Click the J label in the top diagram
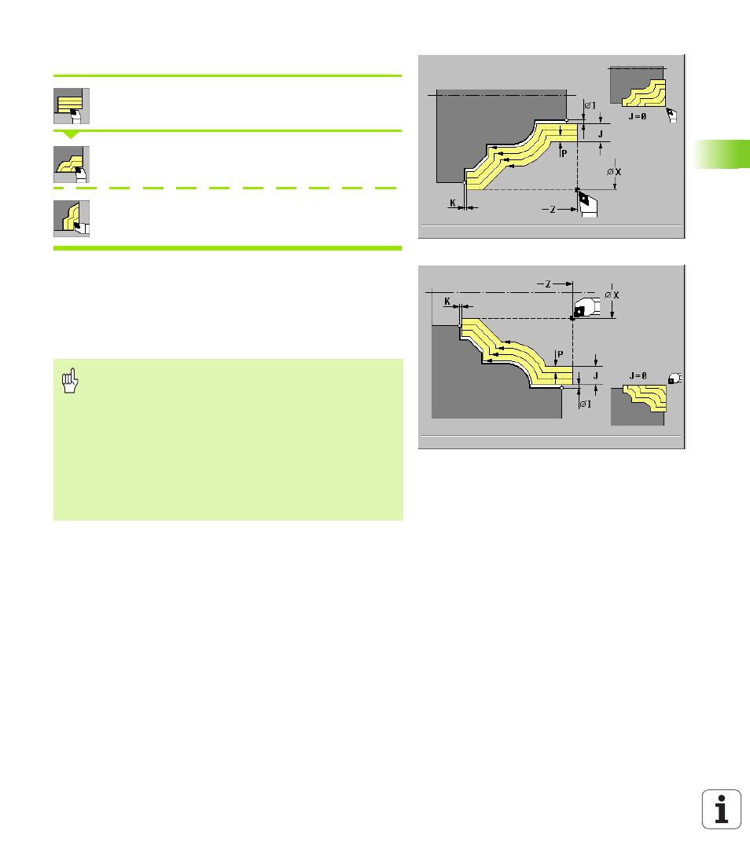coord(601,134)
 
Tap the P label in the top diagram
coord(564,154)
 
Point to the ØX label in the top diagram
coord(614,172)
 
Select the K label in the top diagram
coord(453,203)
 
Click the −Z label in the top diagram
coord(549,210)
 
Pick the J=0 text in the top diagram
coord(638,116)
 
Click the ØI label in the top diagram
coord(590,105)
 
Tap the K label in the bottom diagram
coord(447,302)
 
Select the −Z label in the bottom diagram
coord(544,284)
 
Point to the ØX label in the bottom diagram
coord(612,295)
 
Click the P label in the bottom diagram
coord(560,355)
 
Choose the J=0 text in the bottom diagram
coord(638,375)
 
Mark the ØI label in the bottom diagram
coord(585,404)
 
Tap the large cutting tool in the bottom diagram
coord(586,307)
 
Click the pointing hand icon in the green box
coord(70,381)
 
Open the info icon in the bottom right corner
coord(722,809)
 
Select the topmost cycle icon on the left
coord(71,106)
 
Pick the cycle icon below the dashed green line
coord(71,218)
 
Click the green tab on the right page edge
coord(722,154)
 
